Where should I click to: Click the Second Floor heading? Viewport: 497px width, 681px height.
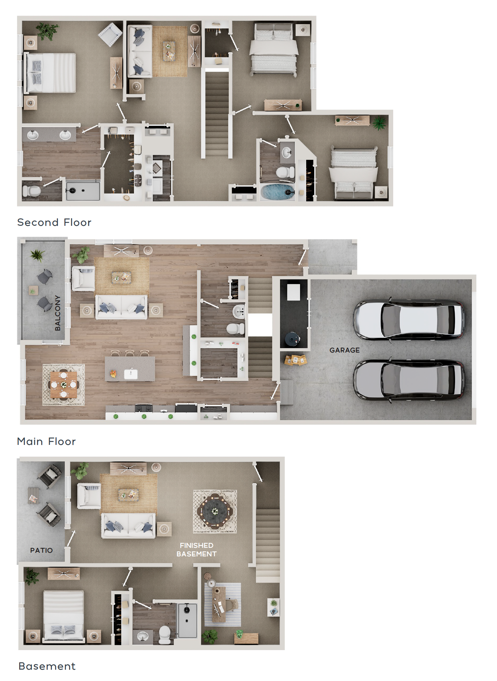click(54, 222)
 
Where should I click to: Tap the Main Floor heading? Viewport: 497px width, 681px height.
click(47, 441)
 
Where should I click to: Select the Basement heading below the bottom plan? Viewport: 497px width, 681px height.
click(47, 666)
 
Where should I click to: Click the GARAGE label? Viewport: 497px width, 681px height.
click(344, 350)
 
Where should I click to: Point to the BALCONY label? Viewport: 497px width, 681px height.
click(58, 313)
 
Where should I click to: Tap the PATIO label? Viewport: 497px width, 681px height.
click(41, 550)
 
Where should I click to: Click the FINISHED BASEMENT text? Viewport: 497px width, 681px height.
click(197, 550)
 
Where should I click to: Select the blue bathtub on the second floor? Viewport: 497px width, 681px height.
click(278, 192)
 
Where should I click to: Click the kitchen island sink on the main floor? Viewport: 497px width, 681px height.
click(130, 374)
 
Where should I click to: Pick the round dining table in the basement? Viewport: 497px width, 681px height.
click(215, 511)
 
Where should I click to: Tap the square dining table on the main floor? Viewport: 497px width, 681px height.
click(64, 385)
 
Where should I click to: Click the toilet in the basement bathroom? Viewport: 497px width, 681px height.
click(165, 634)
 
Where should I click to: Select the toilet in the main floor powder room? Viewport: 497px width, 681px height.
click(236, 329)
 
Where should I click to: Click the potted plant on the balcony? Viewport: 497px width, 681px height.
click(37, 255)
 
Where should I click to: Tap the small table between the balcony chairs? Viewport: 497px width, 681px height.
click(33, 290)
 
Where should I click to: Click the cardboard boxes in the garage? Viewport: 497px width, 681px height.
click(295, 359)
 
